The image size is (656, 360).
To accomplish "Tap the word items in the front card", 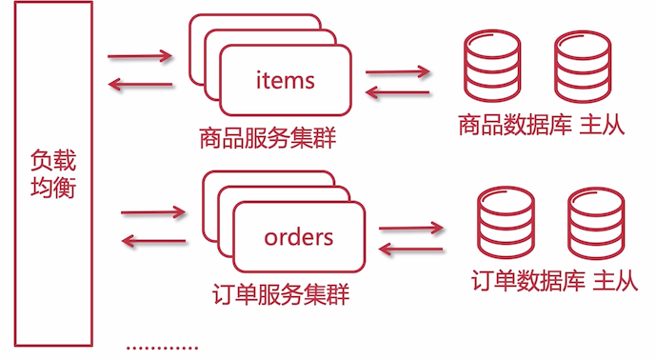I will [285, 80].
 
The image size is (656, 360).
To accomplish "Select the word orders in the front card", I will [299, 236].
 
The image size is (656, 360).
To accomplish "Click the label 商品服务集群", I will [268, 137].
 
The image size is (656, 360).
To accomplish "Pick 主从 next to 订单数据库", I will [615, 282].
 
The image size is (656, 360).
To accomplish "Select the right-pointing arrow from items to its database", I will [398, 71].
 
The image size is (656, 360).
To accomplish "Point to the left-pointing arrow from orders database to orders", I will [411, 250].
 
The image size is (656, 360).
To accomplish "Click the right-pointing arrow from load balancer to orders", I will [153, 211].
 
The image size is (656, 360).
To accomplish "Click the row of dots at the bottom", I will [163, 348].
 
